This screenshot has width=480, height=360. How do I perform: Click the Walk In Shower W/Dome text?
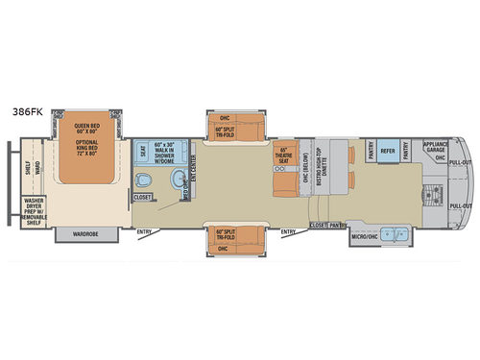(167, 152)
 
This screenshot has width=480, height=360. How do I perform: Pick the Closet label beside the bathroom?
(143, 198)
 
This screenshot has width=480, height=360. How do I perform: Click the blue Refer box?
(388, 151)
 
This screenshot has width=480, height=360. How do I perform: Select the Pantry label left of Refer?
(371, 151)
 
